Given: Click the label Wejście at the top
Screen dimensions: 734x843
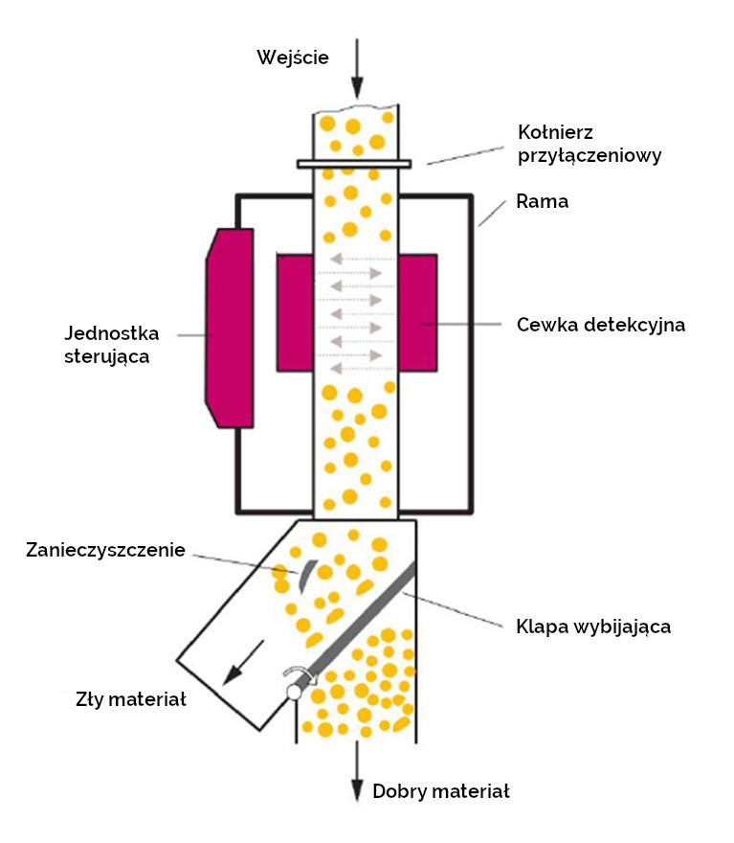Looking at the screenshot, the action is point(293,57).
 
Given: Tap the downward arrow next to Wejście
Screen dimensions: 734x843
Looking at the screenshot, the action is point(357,69).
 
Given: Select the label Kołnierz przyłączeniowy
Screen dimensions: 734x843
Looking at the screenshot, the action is point(589,144).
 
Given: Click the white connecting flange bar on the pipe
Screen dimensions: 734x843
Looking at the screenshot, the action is point(354,164).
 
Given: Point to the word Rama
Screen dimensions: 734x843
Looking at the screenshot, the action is point(542,201).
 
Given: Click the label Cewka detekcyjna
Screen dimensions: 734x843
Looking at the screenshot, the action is point(601,325).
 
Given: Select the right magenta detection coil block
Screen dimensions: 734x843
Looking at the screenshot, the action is point(418,312).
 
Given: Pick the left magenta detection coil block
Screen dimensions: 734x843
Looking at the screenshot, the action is point(295,312).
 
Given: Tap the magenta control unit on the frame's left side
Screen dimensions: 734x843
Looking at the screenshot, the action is point(230,328).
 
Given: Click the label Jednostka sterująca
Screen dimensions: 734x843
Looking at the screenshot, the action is point(112,345).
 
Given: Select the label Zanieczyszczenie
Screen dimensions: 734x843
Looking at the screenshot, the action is point(105,550).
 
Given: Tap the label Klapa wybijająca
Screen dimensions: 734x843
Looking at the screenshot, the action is point(593,627).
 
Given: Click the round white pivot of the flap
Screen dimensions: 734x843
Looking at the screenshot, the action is point(294,692).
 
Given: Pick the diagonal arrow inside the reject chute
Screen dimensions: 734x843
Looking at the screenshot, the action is point(243,663).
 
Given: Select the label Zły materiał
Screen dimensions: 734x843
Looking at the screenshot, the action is point(131,699).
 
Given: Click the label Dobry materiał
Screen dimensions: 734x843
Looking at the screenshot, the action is point(441,791).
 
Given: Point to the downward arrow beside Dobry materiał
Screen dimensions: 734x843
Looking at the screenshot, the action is point(357,771).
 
